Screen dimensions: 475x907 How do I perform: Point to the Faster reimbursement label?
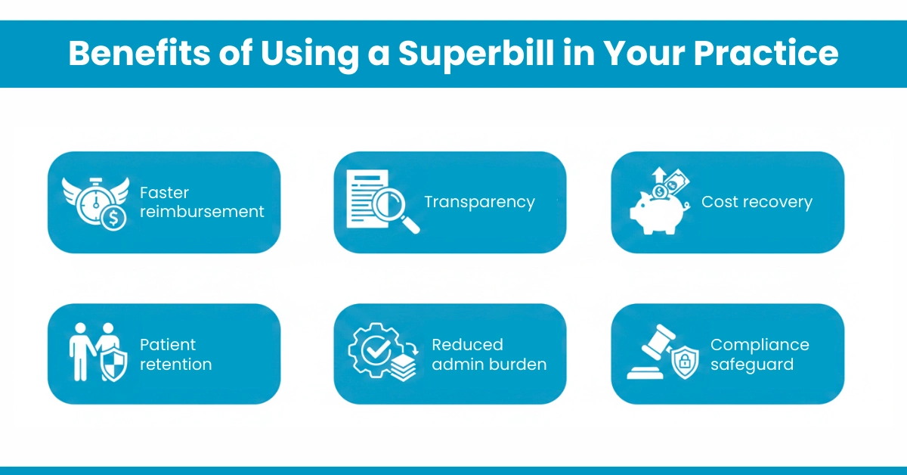(x=202, y=202)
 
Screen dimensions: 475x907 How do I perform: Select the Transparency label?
(x=479, y=202)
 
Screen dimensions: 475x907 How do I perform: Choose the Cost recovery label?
(x=757, y=202)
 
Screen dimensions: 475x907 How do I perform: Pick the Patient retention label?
(x=175, y=354)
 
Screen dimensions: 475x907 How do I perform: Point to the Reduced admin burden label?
(x=489, y=354)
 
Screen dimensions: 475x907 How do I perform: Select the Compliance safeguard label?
(x=760, y=354)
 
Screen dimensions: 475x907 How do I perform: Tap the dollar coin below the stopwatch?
(x=113, y=218)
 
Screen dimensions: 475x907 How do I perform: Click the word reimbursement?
(x=202, y=212)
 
